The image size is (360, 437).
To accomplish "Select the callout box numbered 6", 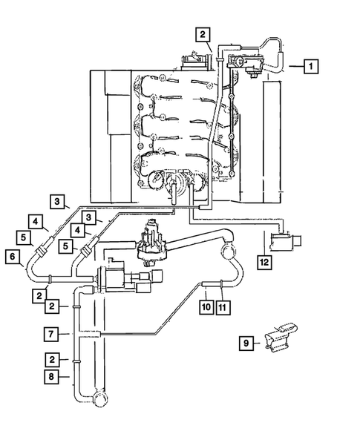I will click(13, 257).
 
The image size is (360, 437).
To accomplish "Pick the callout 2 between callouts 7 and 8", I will click(51, 359).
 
